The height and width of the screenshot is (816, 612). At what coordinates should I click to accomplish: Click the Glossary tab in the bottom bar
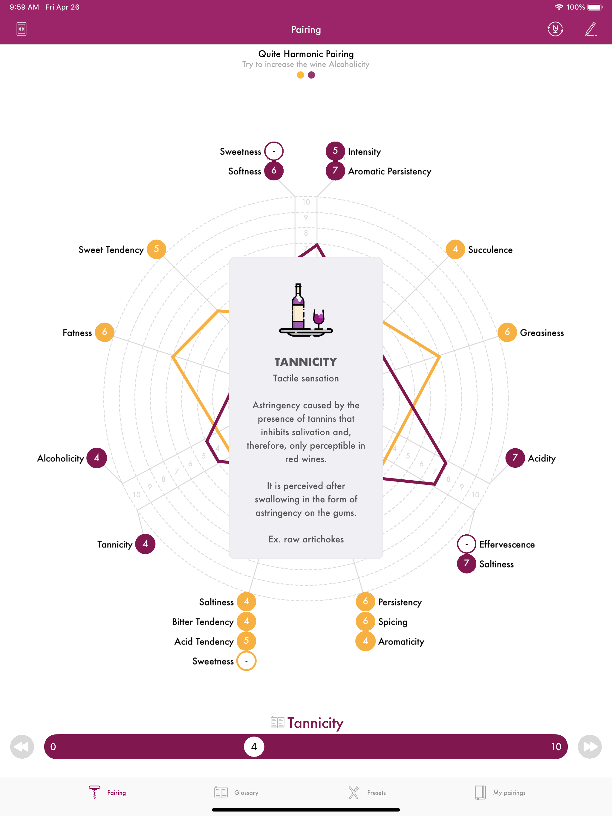click(x=236, y=792)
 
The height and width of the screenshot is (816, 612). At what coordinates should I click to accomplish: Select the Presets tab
click(x=367, y=792)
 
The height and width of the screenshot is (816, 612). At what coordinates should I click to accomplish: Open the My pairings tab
click(x=500, y=792)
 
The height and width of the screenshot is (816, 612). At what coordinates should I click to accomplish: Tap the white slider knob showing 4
click(x=254, y=747)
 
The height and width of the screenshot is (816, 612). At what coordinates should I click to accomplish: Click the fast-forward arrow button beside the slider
click(x=590, y=747)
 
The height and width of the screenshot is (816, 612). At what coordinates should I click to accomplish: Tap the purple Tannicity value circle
click(x=145, y=544)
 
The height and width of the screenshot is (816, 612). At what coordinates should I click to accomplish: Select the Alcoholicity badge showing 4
click(x=97, y=458)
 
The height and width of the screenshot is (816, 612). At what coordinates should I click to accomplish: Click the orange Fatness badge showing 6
click(x=105, y=332)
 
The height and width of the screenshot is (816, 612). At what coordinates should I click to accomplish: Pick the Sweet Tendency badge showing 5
click(x=156, y=249)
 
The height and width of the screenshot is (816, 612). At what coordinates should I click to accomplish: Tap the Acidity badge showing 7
click(x=515, y=458)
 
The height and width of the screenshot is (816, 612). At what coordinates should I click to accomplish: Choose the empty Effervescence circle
click(x=466, y=544)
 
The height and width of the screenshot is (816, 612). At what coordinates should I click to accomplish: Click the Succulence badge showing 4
click(x=455, y=249)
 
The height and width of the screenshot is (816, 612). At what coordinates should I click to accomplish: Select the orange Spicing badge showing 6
click(x=365, y=621)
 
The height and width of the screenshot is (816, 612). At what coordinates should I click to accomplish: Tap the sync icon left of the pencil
click(x=555, y=29)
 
